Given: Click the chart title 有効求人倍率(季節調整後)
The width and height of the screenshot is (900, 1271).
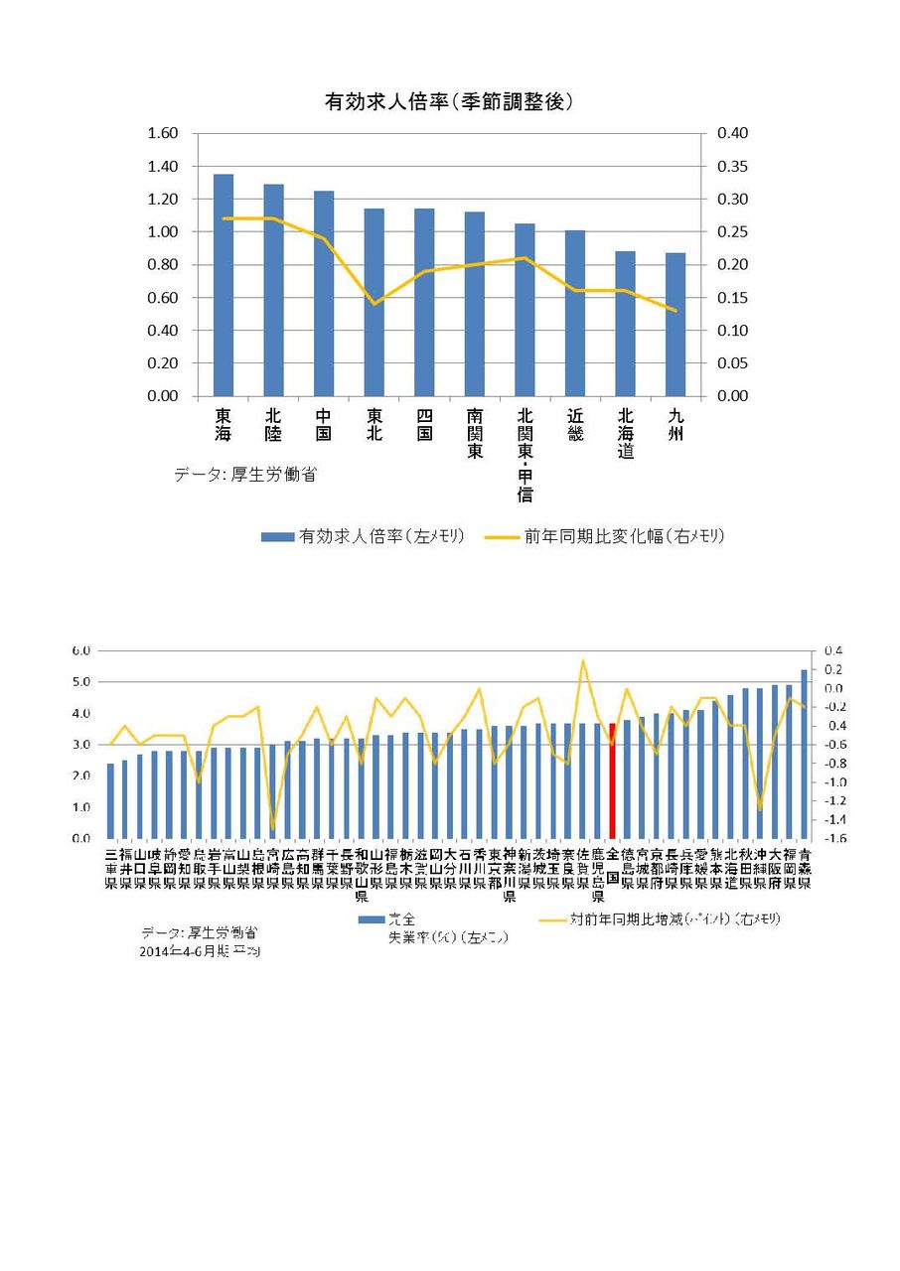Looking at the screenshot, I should tap(449, 101).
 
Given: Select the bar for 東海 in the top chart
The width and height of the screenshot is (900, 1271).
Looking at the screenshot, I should tap(224, 285).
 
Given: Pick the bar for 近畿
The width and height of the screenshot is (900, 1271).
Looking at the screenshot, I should tap(575, 313).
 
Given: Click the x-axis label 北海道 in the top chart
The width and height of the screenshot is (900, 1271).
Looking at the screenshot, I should tap(625, 434).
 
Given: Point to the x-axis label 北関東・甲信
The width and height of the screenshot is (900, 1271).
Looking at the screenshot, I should tap(525, 454).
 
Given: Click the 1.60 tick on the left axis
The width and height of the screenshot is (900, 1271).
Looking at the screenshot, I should tap(162, 134).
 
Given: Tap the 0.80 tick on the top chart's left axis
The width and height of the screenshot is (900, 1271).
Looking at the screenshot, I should tap(162, 265).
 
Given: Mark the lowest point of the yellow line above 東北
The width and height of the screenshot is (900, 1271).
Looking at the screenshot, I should tap(375, 303).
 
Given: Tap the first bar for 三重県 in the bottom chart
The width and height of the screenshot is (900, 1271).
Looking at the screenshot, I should tap(110, 800).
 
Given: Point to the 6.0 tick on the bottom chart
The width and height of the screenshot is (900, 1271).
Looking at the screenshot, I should tap(80, 650).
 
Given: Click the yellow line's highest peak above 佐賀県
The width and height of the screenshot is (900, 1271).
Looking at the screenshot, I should tap(583, 660).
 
